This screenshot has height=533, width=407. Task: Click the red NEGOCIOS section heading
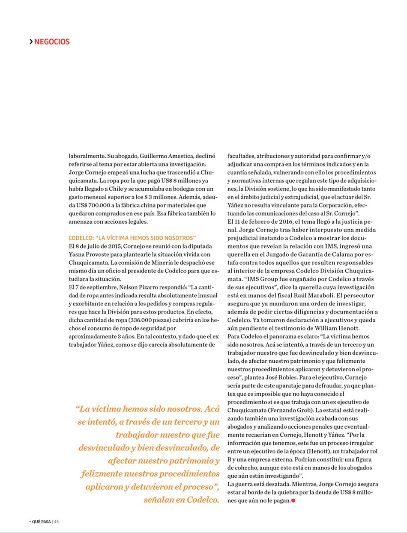coord(52,41)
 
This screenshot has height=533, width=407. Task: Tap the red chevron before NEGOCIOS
coord(31,41)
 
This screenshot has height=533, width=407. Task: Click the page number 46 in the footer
coord(57,521)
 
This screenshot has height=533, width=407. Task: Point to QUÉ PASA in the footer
coord(41,521)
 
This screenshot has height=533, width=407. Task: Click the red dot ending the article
coord(293,500)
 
